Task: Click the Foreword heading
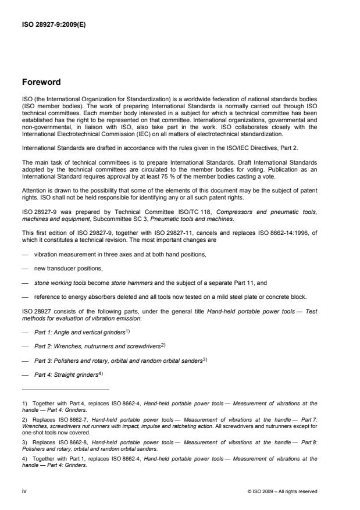[x=43, y=82]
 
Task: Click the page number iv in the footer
[x=24, y=491]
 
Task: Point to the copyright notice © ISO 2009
[x=282, y=491]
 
